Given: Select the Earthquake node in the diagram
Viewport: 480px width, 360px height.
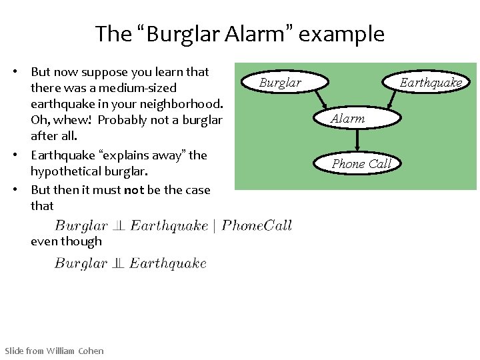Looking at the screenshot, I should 430,83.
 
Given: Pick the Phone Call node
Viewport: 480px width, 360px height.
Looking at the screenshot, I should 361,163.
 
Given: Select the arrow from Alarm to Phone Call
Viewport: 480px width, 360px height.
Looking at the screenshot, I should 358,140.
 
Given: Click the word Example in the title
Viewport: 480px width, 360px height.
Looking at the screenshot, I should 341,34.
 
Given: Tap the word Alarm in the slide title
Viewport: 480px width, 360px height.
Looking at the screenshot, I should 259,34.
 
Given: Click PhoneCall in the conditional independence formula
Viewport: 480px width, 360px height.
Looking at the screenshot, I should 257,225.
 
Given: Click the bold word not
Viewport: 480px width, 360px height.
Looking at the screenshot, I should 133,190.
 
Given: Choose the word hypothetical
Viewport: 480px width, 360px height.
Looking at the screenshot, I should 67,172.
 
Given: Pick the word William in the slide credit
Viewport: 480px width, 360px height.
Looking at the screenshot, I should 61,351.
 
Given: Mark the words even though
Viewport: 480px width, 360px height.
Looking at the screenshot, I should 66,241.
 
